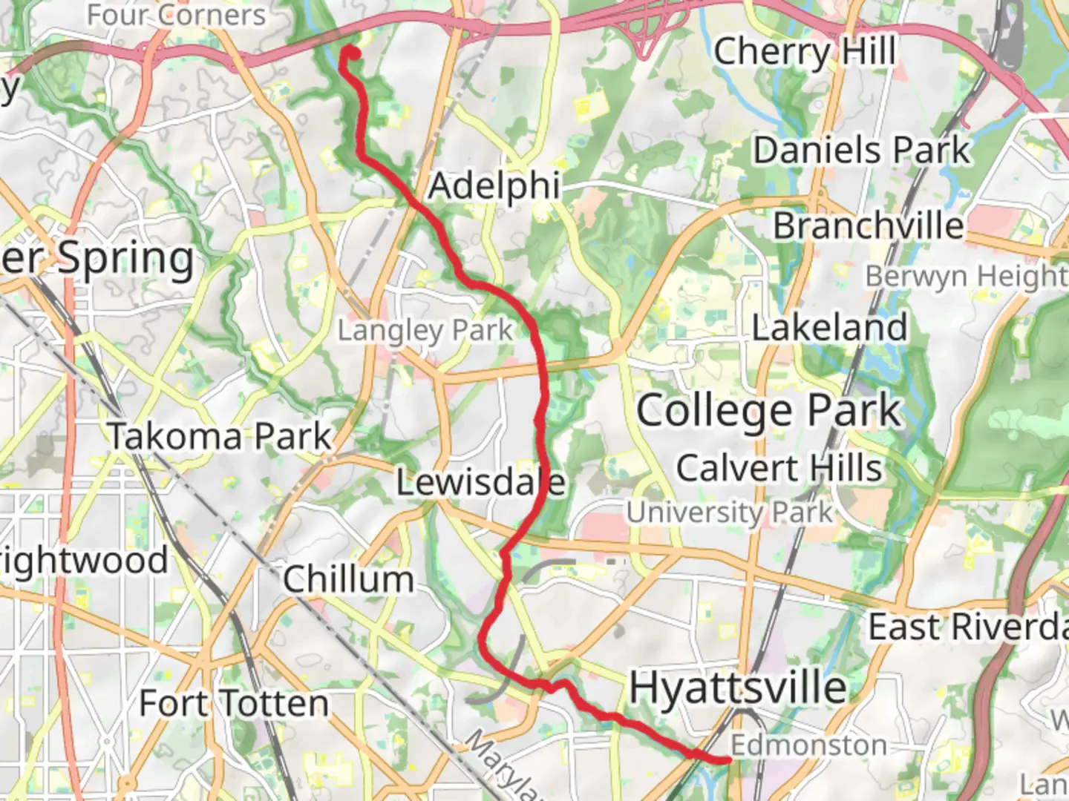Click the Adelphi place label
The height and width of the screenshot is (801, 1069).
click(494, 186)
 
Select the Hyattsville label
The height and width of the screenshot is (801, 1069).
click(738, 688)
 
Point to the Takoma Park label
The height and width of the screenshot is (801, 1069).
click(220, 436)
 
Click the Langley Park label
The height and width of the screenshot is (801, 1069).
click(425, 331)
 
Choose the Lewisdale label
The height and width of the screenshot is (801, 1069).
click(480, 483)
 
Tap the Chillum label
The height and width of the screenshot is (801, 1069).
click(348, 579)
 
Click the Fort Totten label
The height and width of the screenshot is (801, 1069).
click(234, 703)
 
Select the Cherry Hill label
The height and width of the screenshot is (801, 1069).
click(805, 52)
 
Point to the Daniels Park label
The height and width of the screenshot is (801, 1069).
click(862, 151)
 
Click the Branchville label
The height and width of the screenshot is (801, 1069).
click(869, 225)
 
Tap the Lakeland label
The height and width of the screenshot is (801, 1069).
click(829, 328)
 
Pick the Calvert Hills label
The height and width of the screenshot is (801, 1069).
click(779, 468)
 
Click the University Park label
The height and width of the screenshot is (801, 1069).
click(729, 512)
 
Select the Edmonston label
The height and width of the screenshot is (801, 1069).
click(808, 745)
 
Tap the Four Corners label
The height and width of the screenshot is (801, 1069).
click(176, 15)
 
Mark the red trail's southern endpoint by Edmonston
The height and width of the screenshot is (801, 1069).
click(726, 759)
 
